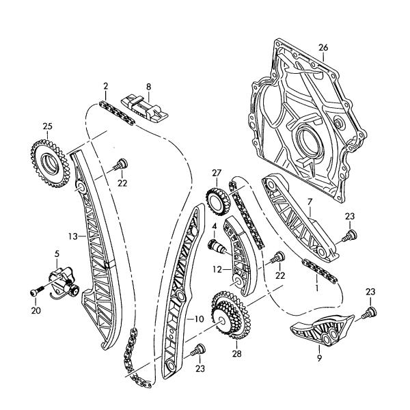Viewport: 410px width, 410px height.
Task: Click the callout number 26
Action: [x=323, y=47]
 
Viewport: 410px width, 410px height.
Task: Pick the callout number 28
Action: [x=236, y=355]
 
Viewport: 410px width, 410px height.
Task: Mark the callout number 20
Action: [x=36, y=311]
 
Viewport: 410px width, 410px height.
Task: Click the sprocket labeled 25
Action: [x=46, y=162]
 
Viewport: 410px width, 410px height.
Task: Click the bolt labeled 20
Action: [x=36, y=292]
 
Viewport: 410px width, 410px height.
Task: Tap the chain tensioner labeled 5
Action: [x=62, y=281]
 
